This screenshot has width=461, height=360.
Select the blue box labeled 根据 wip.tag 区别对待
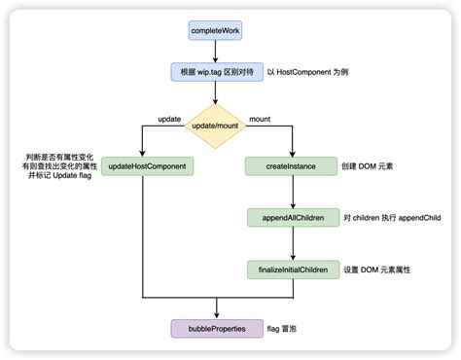(215, 72)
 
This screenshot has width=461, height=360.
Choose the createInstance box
(287, 166)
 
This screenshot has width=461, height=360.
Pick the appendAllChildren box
(287, 217)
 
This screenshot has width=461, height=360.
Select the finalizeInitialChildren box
(287, 268)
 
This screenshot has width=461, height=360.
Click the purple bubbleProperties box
(215, 329)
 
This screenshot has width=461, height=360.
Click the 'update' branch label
(170, 119)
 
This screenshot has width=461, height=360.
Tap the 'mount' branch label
(262, 119)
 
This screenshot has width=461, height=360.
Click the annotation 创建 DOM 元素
(367, 166)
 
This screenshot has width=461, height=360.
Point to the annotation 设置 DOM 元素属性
(377, 268)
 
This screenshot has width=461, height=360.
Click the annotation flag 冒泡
(287, 329)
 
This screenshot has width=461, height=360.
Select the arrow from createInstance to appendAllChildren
(287, 192)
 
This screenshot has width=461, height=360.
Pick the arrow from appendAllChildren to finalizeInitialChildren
(287, 242)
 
